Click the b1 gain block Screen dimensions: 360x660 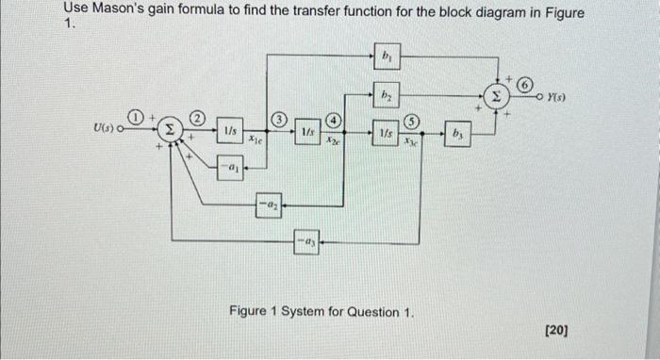pos(388,57)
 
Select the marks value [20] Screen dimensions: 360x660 pos(556,330)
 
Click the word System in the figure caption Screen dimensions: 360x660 pos(318,311)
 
